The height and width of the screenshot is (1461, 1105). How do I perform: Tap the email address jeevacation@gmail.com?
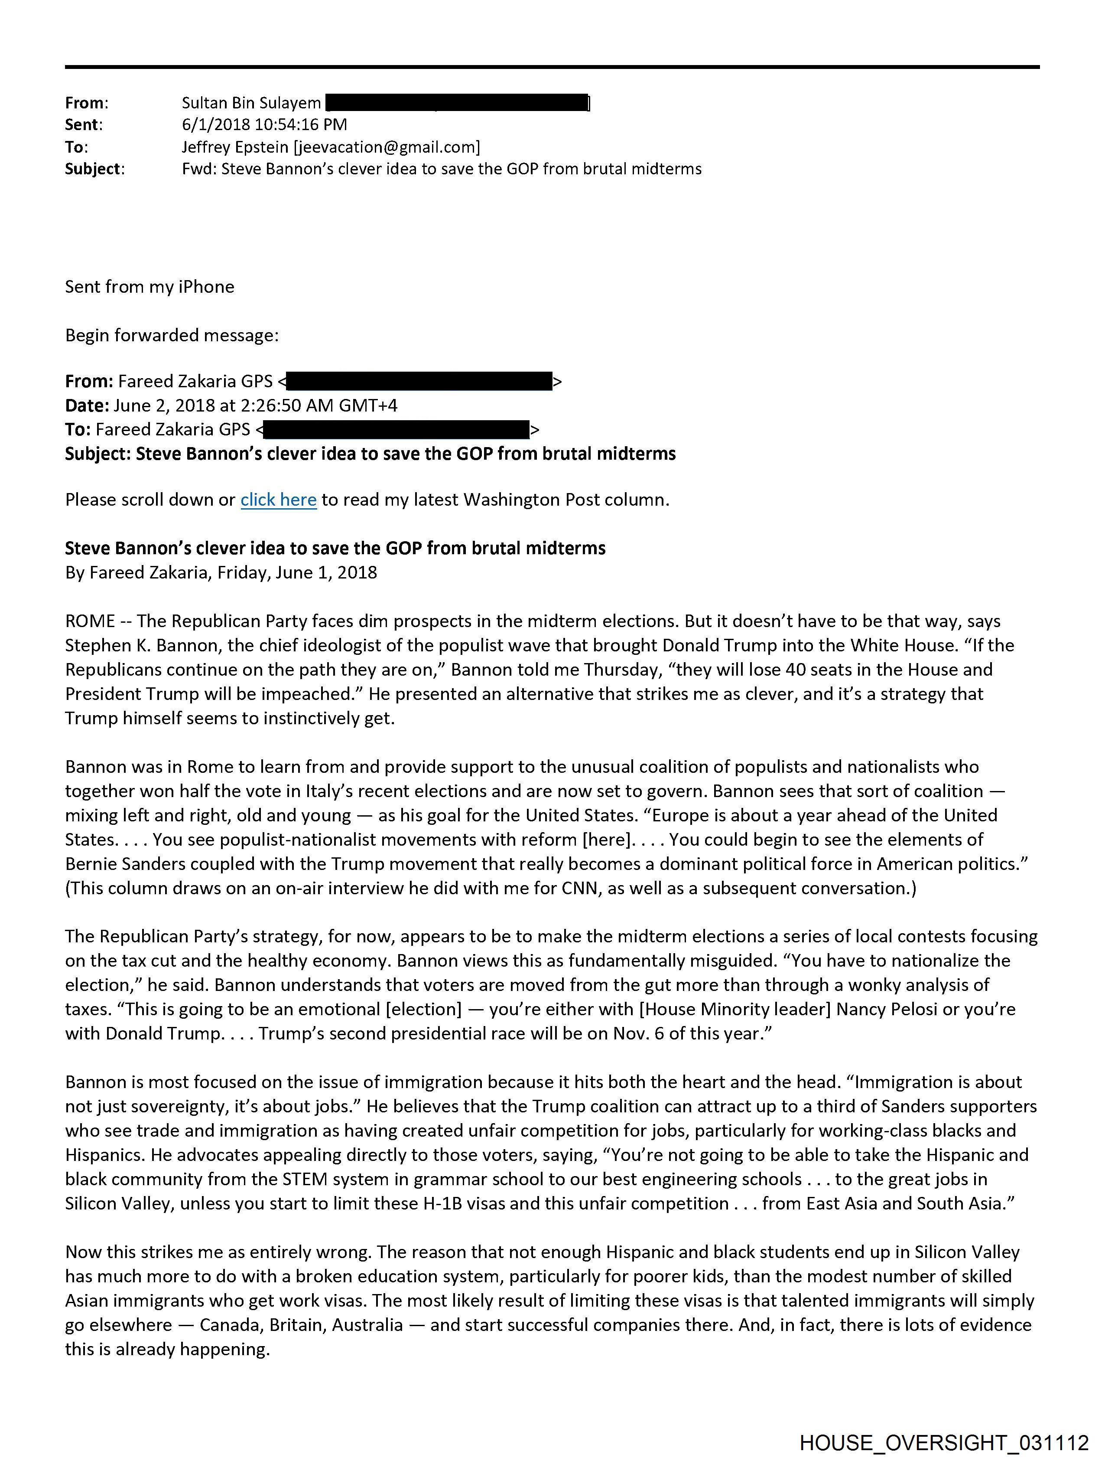pyautogui.click(x=386, y=147)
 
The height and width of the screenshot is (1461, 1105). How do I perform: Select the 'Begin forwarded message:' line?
pyautogui.click(x=172, y=336)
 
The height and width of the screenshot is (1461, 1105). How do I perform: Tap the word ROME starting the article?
pyautogui.click(x=90, y=621)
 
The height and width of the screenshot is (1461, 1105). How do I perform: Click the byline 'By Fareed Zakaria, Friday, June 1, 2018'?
pyautogui.click(x=221, y=572)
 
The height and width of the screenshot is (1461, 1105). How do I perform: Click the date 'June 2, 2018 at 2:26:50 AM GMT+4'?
pyautogui.click(x=256, y=405)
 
